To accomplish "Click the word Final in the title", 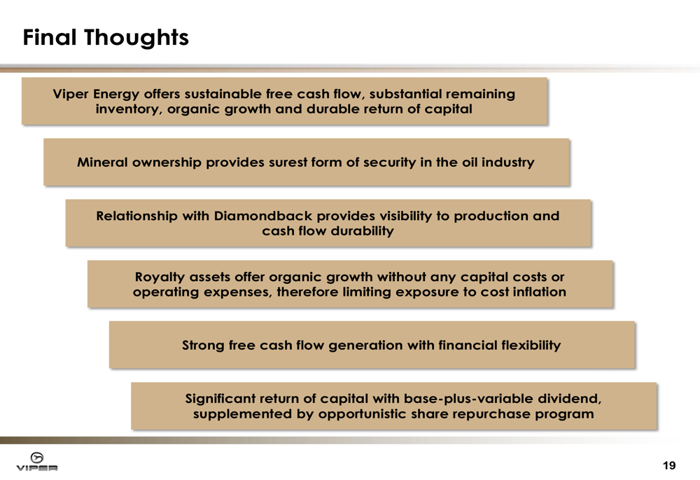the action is pyautogui.click(x=49, y=37).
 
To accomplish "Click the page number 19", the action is pyautogui.click(x=669, y=466).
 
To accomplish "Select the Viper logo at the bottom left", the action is pyautogui.click(x=37, y=462).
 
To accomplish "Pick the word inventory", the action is pyautogui.click(x=129, y=109).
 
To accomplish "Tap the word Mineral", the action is pyautogui.click(x=102, y=163).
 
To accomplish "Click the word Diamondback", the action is pyautogui.click(x=263, y=217).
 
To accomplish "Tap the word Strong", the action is pyautogui.click(x=203, y=346).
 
